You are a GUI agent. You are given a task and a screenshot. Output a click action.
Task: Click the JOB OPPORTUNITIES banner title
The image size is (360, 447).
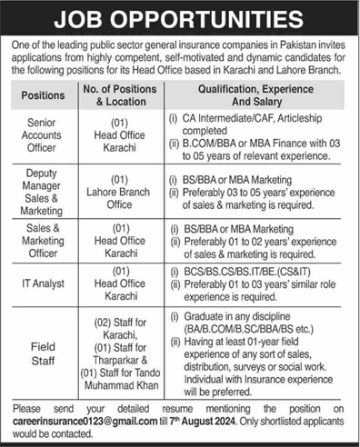180,18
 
